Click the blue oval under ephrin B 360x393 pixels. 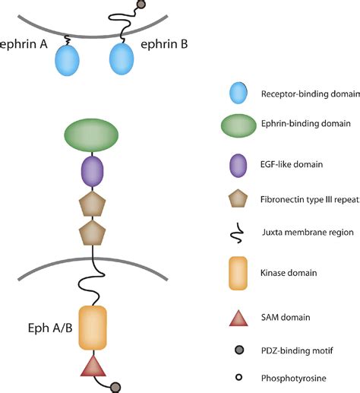[125, 59]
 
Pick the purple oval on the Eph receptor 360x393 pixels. [92, 173]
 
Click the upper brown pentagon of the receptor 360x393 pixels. [92, 204]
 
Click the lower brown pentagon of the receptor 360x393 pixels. [92, 234]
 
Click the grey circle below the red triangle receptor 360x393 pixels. [115, 387]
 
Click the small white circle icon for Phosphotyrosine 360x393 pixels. [241, 377]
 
